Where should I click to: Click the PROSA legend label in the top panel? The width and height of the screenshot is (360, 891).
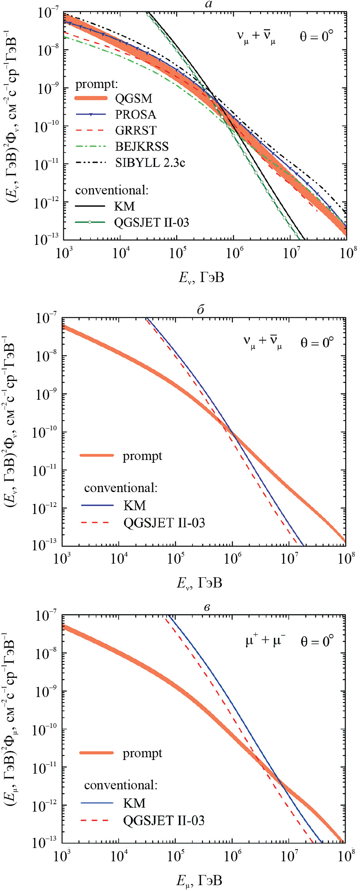click(135, 114)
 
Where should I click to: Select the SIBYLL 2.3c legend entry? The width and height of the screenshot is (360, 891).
click(150, 162)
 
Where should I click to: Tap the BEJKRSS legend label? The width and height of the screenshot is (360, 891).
click(142, 146)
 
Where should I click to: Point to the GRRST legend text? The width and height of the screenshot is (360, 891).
click(136, 130)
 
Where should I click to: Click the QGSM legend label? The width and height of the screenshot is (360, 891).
click(133, 98)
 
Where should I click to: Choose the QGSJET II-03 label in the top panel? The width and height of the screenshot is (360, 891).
click(151, 223)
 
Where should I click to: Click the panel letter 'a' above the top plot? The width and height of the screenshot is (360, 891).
click(209, 5)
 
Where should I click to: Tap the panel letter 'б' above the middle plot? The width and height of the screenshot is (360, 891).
click(201, 310)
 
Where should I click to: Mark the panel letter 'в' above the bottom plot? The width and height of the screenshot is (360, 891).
click(207, 607)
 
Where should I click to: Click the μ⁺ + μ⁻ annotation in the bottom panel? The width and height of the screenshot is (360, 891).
click(265, 641)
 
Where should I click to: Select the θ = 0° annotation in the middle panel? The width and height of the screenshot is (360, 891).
click(317, 343)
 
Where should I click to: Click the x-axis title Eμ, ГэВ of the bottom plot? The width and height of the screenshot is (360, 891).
click(199, 880)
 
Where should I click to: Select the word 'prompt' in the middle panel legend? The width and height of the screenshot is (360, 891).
click(142, 456)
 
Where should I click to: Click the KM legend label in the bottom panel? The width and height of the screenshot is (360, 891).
click(134, 803)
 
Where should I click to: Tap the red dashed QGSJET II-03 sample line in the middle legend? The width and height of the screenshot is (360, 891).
click(97, 523)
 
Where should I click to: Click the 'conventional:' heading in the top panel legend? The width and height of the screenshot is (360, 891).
click(112, 190)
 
